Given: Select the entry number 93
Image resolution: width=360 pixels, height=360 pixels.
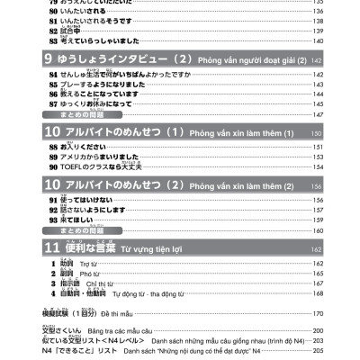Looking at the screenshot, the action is coord(55,219).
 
